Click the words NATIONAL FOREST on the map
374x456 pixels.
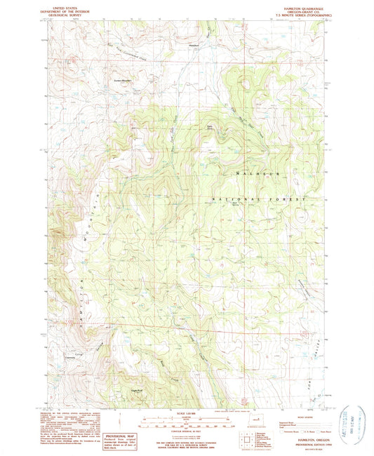[260, 200]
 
